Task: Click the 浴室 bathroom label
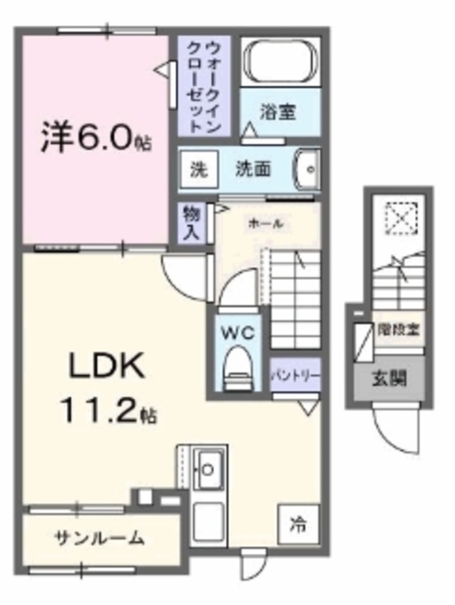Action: point(279,112)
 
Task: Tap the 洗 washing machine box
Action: point(198,170)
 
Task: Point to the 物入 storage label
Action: point(190,222)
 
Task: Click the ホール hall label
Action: point(266,224)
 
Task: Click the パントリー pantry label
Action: point(295,375)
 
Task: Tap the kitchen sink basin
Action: point(208,466)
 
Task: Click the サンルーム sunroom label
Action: point(98,539)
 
